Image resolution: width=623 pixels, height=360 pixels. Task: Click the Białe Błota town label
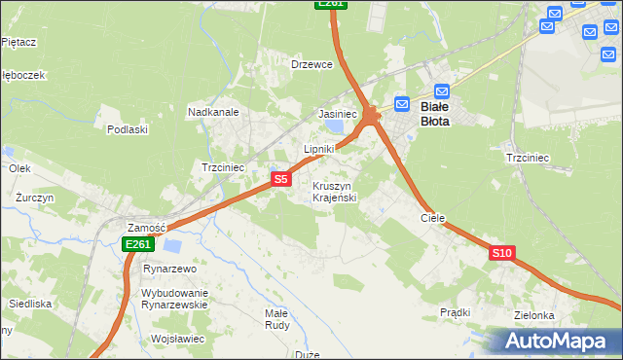pos(434,114)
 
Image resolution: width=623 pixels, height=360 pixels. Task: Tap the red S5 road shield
pos(280,179)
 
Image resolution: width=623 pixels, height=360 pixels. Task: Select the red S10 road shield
pos(501,253)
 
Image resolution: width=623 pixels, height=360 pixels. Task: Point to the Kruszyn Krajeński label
pos(335,192)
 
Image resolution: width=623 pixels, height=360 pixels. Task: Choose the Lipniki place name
pos(319,149)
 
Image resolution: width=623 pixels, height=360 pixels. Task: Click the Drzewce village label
pos(312,64)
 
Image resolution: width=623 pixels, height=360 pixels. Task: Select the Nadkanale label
pos(213,112)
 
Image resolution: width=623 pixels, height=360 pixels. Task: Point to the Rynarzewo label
pos(169,269)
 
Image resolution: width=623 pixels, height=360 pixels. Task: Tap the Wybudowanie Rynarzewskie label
pos(175,299)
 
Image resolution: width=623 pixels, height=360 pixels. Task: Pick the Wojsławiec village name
pos(177,339)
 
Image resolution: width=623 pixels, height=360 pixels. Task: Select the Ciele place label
pos(432,219)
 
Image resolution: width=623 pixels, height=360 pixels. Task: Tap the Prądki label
pos(455,312)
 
